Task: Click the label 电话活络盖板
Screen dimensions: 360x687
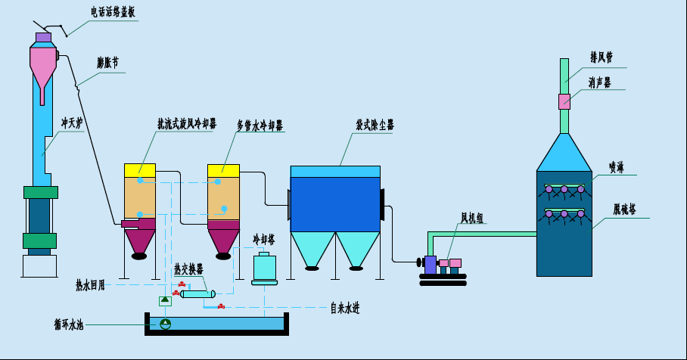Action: point(113,13)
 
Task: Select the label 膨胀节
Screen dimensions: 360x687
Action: point(108,63)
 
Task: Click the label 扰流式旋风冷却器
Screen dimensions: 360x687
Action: point(185,123)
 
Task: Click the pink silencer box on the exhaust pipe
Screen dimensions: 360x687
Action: point(564,101)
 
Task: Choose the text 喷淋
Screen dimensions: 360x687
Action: point(617,166)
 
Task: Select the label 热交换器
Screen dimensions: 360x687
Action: point(188,268)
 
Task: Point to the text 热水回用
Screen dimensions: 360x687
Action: point(89,285)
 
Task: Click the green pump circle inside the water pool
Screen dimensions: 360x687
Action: point(166,324)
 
